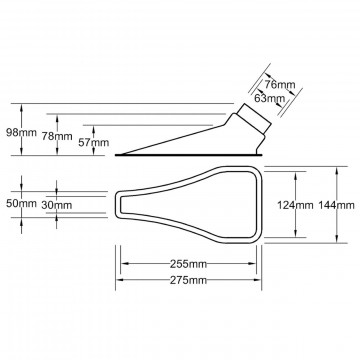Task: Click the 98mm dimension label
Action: pyautogui.click(x=21, y=133)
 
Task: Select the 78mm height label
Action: pyautogui.click(x=57, y=136)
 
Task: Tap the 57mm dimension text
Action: pyautogui.click(x=93, y=143)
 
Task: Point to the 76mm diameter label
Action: pyautogui.click(x=280, y=85)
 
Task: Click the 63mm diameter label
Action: pyautogui.click(x=269, y=98)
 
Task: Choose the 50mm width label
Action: pyautogui.click(x=21, y=204)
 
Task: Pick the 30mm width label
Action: pyautogui.click(x=57, y=205)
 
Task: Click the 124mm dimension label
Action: pyautogui.click(x=295, y=205)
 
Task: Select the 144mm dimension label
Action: pyautogui.click(x=336, y=205)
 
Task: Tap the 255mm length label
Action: pyautogui.click(x=188, y=264)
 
